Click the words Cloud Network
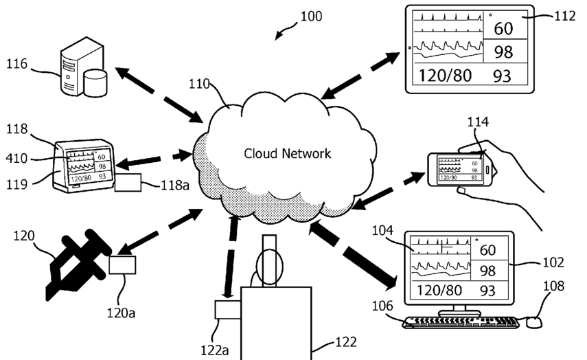click(288, 153)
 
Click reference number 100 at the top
click(311, 16)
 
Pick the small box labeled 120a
click(122, 264)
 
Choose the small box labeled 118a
click(128, 182)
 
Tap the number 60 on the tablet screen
click(503, 29)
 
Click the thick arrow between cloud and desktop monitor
click(354, 254)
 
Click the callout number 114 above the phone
click(478, 122)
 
